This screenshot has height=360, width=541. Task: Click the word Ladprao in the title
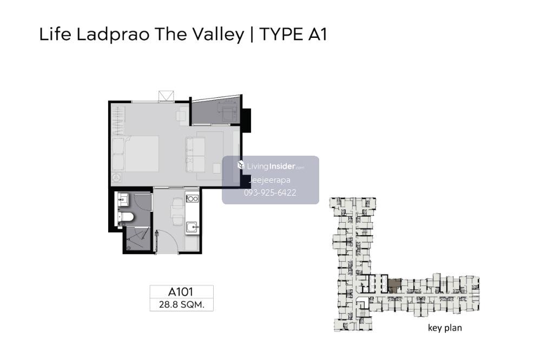[x=113, y=35]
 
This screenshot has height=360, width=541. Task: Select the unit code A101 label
[x=181, y=292]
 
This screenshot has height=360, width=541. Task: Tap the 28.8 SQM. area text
[x=181, y=304]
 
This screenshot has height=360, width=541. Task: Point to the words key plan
[x=445, y=328]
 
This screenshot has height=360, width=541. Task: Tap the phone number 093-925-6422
[x=270, y=193]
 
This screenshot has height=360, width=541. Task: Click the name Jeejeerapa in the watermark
[x=269, y=180]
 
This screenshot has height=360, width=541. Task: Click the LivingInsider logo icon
[x=241, y=165]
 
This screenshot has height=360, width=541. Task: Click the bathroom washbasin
[x=123, y=199]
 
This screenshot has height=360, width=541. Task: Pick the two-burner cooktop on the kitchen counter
[x=192, y=198]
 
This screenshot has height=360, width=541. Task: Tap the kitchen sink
[x=192, y=227]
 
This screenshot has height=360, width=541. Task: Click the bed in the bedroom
[x=135, y=154]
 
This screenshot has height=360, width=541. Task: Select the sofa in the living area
[x=196, y=155]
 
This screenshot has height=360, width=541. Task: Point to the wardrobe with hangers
[x=117, y=121]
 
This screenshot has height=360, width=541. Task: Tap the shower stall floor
[x=137, y=238]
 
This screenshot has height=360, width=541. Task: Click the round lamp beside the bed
[x=117, y=178]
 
